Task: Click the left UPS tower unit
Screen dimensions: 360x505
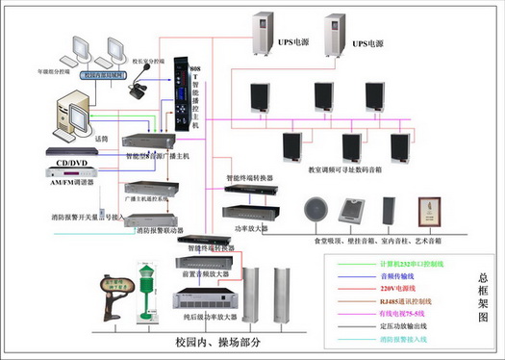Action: click(266, 38)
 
